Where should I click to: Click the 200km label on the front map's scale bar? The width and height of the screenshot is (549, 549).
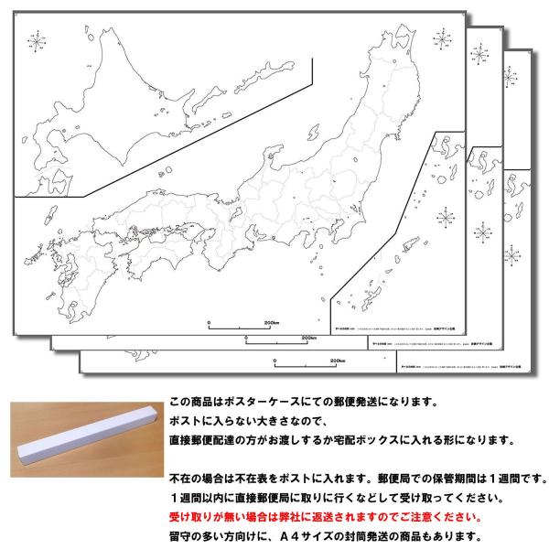tap(271, 323)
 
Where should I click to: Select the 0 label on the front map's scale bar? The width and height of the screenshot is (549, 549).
tap(209, 323)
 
